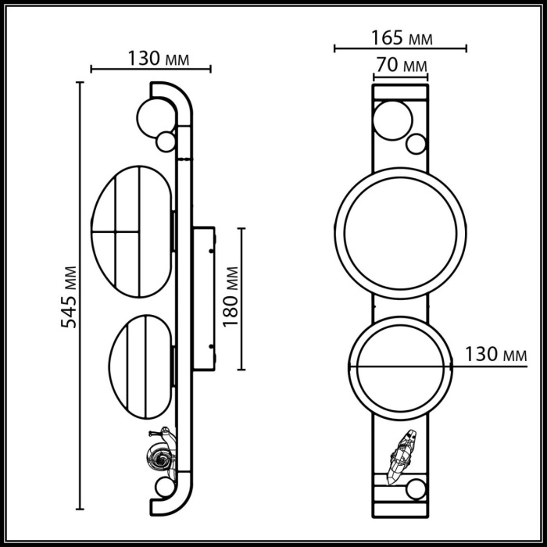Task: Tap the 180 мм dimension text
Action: pos(230,297)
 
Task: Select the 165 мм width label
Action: pos(401,37)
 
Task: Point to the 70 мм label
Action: pos(401,64)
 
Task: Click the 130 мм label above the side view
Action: pos(152,58)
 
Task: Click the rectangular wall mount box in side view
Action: pos(204,297)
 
